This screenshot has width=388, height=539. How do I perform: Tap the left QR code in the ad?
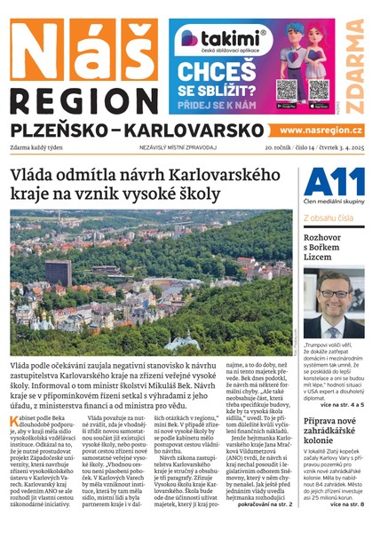[287, 89]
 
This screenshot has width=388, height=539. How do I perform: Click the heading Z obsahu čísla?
[330, 217]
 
